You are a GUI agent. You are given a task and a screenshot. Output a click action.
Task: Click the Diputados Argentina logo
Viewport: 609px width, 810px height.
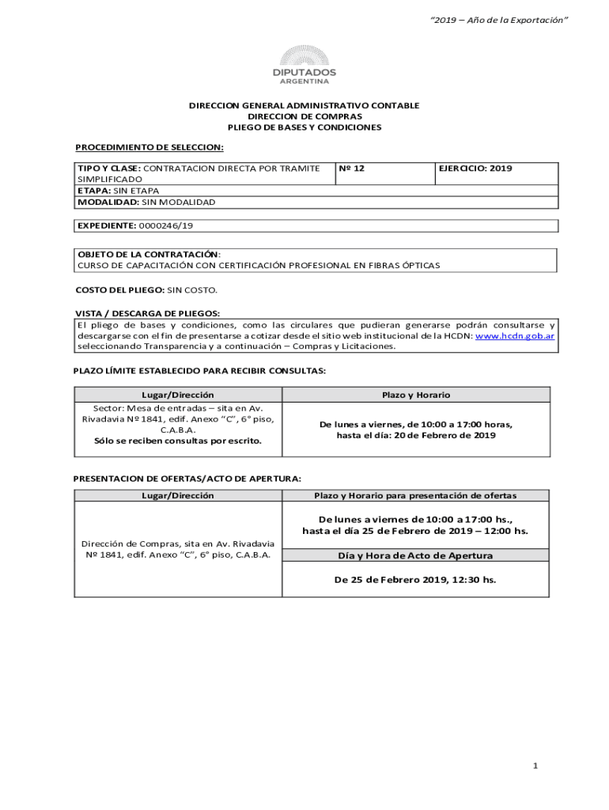coord(304,65)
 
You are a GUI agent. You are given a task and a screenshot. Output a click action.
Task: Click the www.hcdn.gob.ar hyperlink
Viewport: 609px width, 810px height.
coord(514,336)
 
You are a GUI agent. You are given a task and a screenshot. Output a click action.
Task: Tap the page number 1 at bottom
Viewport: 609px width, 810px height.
coord(535,766)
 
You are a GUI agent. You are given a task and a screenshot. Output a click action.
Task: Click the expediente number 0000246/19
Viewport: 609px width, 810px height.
coord(166,226)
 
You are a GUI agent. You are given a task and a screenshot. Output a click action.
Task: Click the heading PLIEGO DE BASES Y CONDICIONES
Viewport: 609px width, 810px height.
coord(304,127)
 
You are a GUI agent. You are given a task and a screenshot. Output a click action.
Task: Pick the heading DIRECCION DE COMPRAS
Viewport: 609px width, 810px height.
coord(304,116)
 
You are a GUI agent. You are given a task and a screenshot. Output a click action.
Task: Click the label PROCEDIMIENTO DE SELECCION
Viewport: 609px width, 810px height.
coord(149,147)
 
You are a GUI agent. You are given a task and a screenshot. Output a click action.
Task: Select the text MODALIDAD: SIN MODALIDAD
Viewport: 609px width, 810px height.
coord(146,202)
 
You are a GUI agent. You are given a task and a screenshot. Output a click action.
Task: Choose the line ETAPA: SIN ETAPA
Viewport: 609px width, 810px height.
coord(118,191)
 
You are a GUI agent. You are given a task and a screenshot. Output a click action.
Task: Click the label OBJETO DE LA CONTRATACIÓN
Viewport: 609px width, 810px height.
coord(149,255)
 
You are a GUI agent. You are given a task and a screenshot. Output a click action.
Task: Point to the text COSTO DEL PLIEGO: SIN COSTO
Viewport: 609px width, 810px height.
coord(146,291)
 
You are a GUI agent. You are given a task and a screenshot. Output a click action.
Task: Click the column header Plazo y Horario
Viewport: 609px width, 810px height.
coord(416,395)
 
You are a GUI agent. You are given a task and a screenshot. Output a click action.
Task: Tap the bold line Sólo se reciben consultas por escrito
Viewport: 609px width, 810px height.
coord(178,441)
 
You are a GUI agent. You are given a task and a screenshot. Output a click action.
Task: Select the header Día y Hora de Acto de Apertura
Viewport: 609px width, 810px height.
coord(415,555)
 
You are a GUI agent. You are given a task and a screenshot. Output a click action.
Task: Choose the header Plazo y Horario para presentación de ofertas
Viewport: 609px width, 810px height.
coord(415,496)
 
